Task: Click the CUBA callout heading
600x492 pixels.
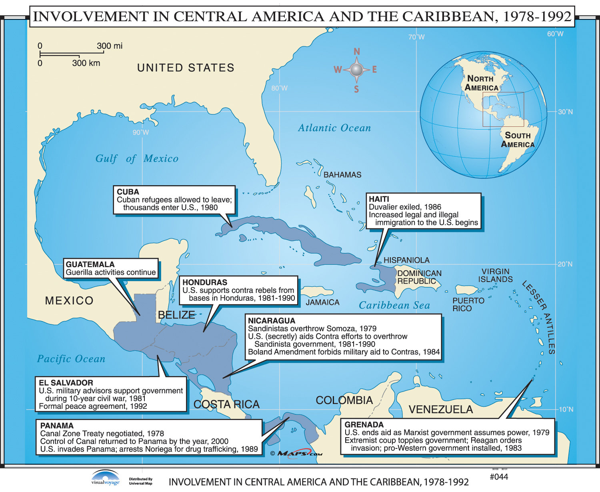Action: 128,192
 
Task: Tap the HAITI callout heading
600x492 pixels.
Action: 379,199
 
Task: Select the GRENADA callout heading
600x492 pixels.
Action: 364,425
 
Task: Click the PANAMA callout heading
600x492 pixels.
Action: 57,426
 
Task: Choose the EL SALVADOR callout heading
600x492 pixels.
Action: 66,383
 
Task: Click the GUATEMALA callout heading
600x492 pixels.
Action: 90,264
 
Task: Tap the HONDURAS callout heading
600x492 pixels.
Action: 205,282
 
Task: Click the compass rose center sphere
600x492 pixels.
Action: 356,70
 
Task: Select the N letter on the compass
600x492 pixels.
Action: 357,52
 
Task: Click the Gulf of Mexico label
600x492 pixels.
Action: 137,159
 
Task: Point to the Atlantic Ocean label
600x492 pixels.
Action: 334,128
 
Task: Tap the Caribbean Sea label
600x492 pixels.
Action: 394,306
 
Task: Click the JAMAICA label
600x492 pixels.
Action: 322,303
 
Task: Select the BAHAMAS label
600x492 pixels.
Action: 342,175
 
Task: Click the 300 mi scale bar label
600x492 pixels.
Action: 110,46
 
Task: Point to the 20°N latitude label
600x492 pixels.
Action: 565,264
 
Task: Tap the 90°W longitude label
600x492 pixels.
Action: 141,132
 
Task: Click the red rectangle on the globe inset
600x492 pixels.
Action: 503,109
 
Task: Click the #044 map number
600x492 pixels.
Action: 499,477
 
